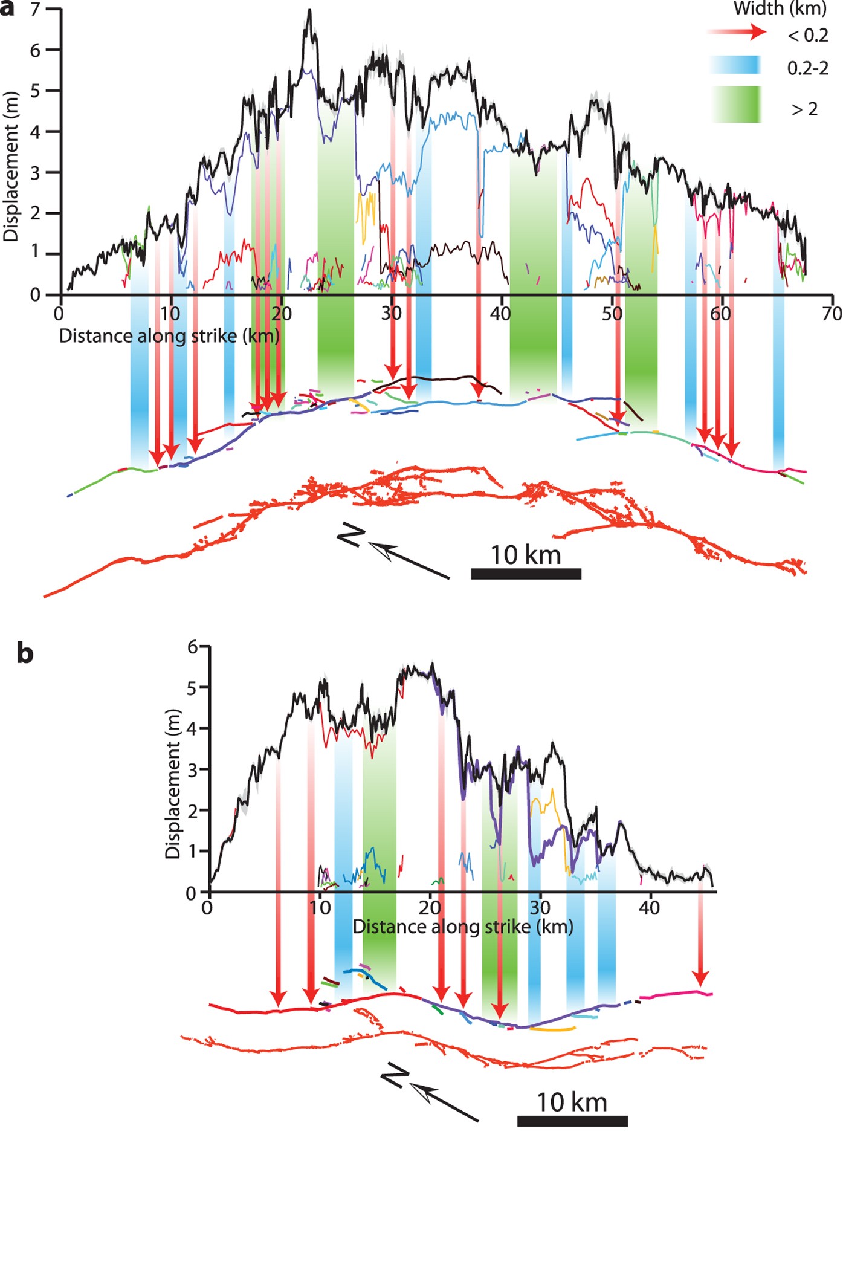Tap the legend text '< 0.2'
click(808, 36)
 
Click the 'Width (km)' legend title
click(780, 8)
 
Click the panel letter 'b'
click(25, 653)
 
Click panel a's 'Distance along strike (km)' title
click(169, 335)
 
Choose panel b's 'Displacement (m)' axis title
click(173, 783)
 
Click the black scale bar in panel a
click(526, 574)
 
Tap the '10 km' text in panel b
click(572, 1102)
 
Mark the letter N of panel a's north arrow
click(351, 534)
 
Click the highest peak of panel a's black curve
click(310, 11)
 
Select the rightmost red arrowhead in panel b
click(700, 979)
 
